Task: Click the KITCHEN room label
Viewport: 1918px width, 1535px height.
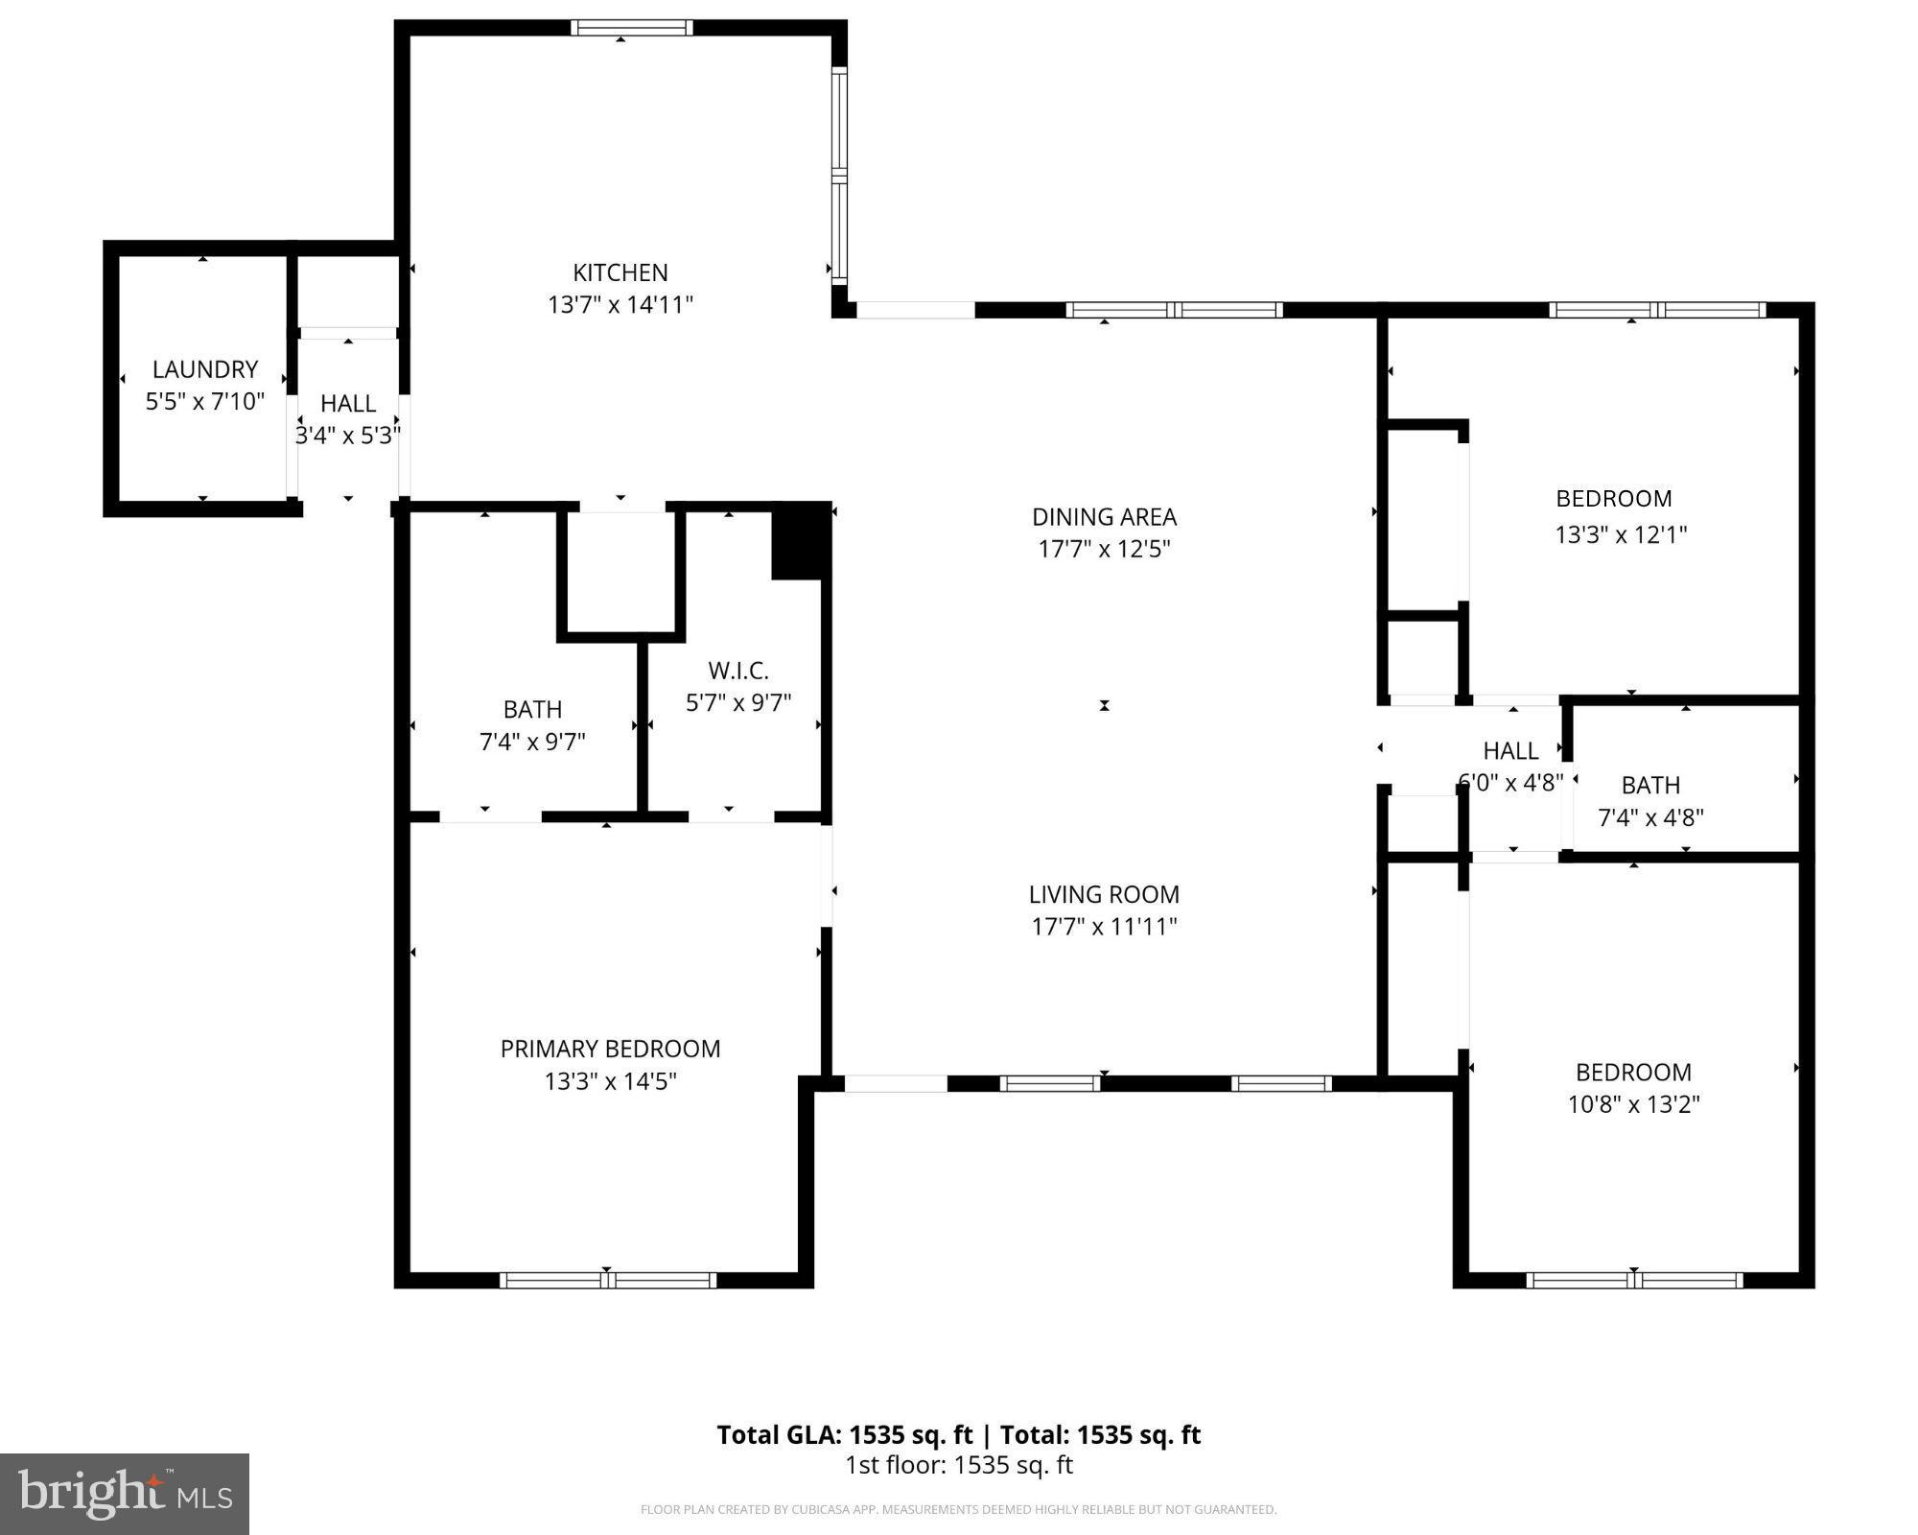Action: point(620,272)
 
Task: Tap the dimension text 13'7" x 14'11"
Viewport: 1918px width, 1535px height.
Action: point(620,305)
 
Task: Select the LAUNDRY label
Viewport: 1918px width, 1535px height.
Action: point(205,369)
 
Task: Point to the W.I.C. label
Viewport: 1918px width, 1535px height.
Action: point(738,671)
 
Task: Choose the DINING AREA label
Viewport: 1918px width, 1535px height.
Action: point(1104,517)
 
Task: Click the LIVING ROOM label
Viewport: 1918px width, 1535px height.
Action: point(1104,894)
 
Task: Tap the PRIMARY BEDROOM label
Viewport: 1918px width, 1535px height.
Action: point(610,1049)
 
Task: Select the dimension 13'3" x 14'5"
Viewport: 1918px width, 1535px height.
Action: point(610,1081)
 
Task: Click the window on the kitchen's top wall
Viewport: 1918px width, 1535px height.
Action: point(631,28)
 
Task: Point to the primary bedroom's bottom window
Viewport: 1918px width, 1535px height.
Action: point(608,1280)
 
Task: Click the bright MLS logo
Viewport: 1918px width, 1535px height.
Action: point(125,1494)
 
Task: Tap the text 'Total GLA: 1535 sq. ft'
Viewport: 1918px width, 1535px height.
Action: point(844,1435)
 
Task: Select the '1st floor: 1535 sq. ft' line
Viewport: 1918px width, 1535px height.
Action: point(958,1465)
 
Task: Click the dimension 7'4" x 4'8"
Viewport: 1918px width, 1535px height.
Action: point(1650,817)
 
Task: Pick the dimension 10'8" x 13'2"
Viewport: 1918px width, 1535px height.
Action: point(1633,1104)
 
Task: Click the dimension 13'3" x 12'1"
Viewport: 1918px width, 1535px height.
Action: point(1620,534)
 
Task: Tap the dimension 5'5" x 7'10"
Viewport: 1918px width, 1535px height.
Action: point(205,401)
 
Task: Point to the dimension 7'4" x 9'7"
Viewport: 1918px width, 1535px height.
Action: point(532,742)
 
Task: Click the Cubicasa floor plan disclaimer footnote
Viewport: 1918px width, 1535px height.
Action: point(958,1509)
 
